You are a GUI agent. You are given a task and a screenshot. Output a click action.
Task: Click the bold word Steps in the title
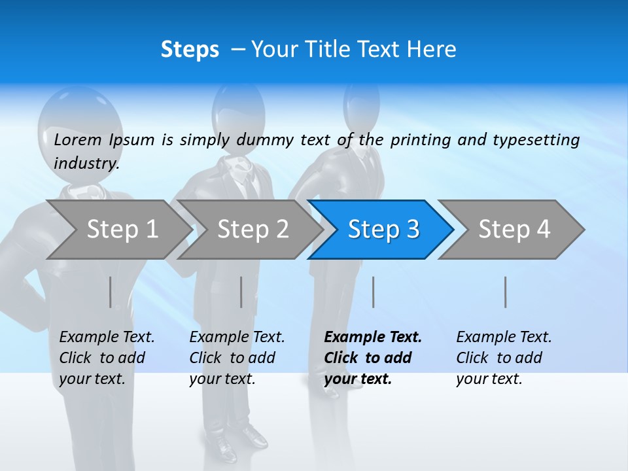coord(190,50)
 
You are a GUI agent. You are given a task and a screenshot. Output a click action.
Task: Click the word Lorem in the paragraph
coord(78,139)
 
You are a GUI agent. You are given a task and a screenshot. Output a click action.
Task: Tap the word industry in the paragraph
coord(86,164)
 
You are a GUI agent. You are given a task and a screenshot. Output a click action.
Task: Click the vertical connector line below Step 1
coord(111,292)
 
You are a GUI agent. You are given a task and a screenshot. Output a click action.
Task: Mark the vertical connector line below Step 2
coord(241,292)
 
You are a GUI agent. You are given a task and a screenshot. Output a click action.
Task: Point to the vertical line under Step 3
coord(374,292)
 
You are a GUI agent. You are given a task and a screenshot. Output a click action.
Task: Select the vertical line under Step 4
coord(506,292)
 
